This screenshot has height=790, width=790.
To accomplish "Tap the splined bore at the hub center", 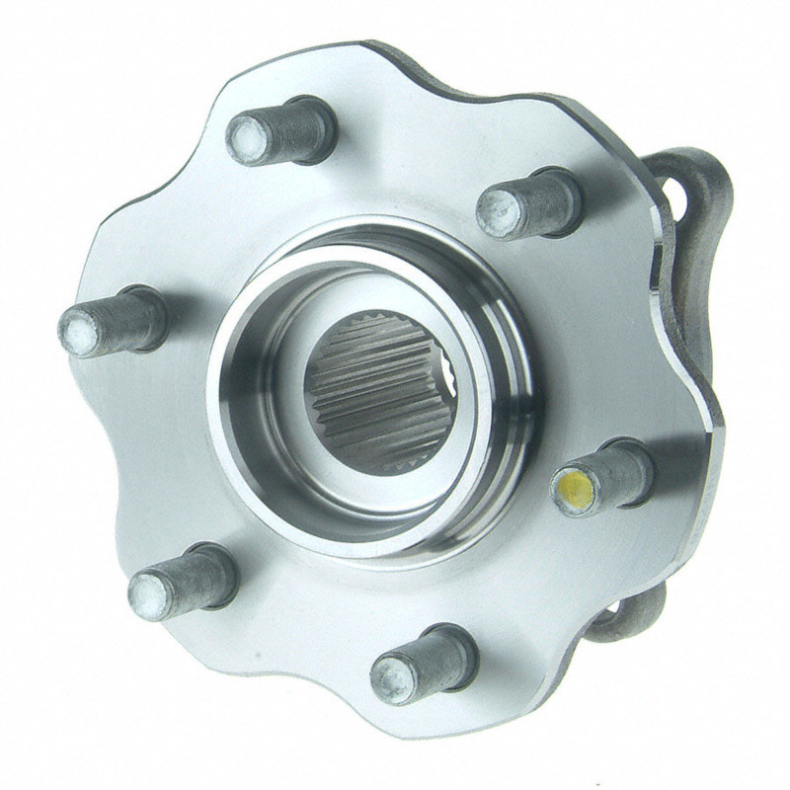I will click(x=379, y=391).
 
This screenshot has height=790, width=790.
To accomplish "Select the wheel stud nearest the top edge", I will click(x=282, y=132).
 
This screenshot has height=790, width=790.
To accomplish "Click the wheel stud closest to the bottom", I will click(x=424, y=666).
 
